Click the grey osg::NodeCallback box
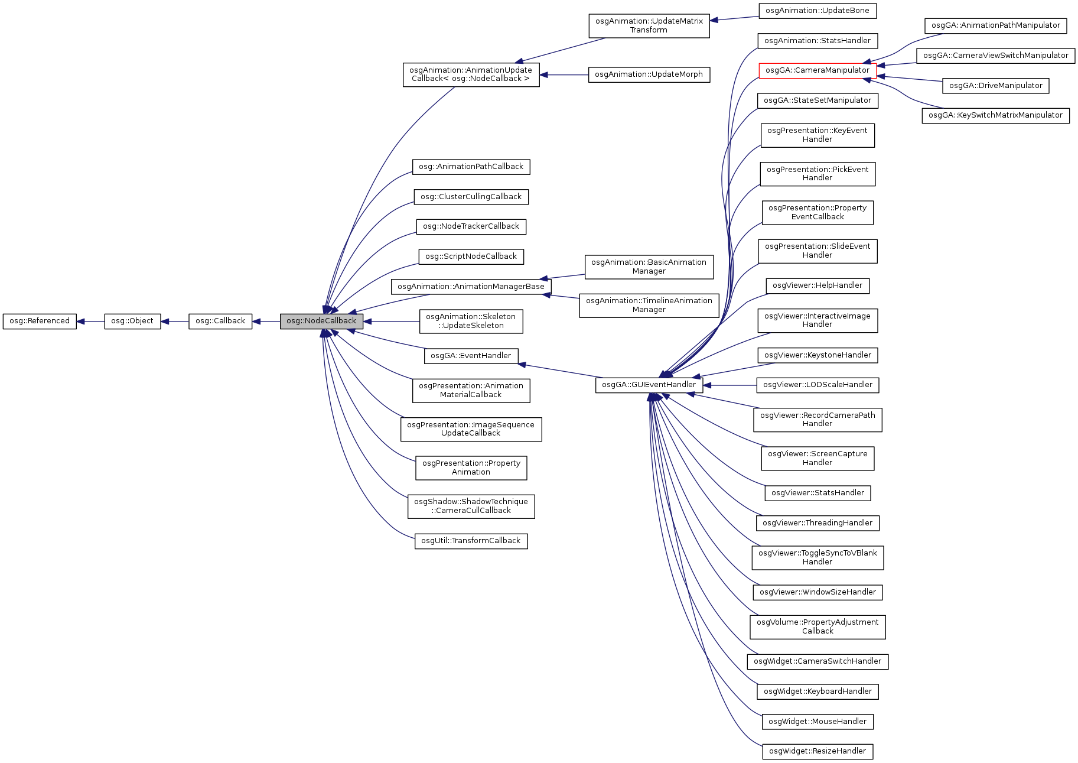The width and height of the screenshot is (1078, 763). click(x=321, y=321)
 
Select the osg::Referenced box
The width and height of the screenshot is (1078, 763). click(x=40, y=321)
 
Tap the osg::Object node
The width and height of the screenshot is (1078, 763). click(x=132, y=321)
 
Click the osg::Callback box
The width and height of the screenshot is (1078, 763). click(x=220, y=321)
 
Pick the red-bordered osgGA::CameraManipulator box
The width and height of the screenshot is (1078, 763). click(x=818, y=70)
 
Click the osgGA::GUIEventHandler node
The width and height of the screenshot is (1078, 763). click(x=649, y=385)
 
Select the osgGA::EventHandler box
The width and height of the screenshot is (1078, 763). click(x=471, y=356)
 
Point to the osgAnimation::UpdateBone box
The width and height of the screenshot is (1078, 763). click(x=818, y=11)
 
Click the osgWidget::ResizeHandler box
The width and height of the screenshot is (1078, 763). click(x=818, y=751)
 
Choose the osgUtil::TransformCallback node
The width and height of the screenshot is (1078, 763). click(x=471, y=541)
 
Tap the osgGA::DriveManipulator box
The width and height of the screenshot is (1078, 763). click(x=995, y=86)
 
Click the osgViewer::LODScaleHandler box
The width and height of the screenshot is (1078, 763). click(x=818, y=385)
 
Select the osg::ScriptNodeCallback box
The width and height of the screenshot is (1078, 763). click(x=471, y=257)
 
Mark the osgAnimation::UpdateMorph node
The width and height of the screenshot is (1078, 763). click(x=649, y=74)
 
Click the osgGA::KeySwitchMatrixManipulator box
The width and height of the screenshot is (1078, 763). click(x=995, y=115)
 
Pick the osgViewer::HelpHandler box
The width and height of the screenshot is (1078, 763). click(x=818, y=285)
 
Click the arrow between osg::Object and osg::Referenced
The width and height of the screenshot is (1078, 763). click(x=90, y=322)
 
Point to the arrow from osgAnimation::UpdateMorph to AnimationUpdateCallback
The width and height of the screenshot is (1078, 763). click(x=564, y=75)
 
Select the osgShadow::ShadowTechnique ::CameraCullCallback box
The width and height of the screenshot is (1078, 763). click(x=471, y=506)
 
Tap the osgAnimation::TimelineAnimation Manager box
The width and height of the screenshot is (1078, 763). click(x=649, y=305)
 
